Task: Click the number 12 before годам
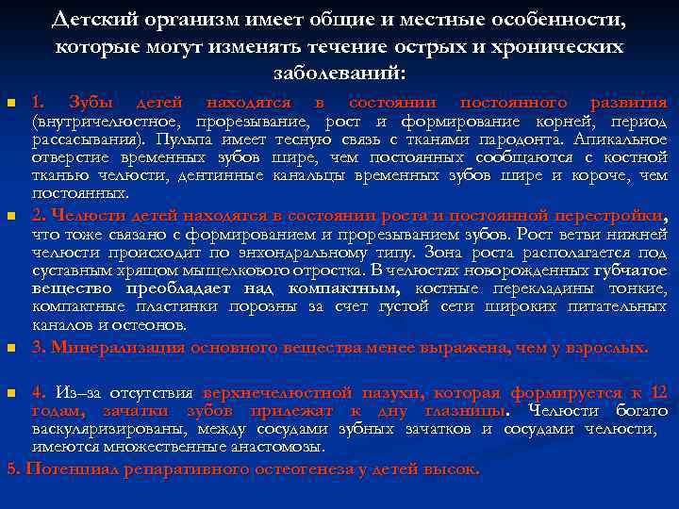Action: point(659,393)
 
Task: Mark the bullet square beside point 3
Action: point(9,350)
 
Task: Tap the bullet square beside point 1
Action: point(9,104)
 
